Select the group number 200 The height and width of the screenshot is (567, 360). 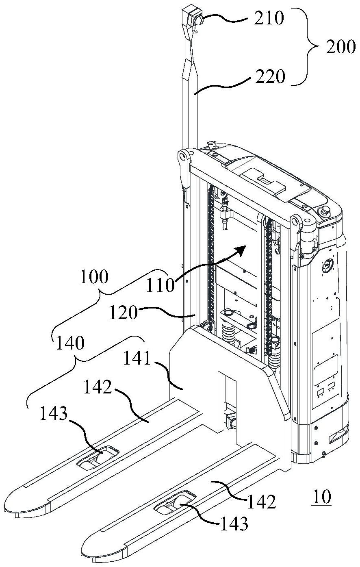tap(340, 47)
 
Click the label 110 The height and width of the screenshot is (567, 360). tap(160, 285)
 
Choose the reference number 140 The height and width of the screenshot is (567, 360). tap(70, 343)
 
